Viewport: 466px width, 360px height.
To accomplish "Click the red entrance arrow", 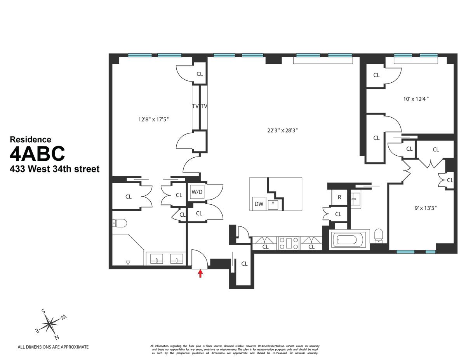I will coord(200,274).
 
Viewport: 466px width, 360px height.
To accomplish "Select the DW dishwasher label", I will coord(259,204).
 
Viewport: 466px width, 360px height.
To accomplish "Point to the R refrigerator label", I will coord(339,197).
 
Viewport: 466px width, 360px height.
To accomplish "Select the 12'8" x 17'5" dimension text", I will coord(154,120).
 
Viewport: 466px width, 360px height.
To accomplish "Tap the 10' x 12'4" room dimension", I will coord(416,99).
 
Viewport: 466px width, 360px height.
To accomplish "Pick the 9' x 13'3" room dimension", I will coord(426,207).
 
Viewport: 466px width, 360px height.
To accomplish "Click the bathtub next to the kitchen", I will coord(348,240).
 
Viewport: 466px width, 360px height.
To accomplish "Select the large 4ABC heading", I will coord(37,154).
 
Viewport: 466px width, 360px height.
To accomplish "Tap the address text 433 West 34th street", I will coord(54,169).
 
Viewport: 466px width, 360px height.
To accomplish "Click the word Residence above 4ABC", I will coord(30,139).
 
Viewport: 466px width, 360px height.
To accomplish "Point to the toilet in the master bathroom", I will coord(120,223).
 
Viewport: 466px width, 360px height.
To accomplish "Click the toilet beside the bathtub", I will coord(379,235).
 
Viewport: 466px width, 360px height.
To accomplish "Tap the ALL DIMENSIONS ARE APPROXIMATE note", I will coord(53,347).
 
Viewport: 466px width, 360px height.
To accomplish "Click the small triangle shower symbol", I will coord(128,263).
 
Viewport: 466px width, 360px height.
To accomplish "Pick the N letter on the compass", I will coord(57,337).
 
